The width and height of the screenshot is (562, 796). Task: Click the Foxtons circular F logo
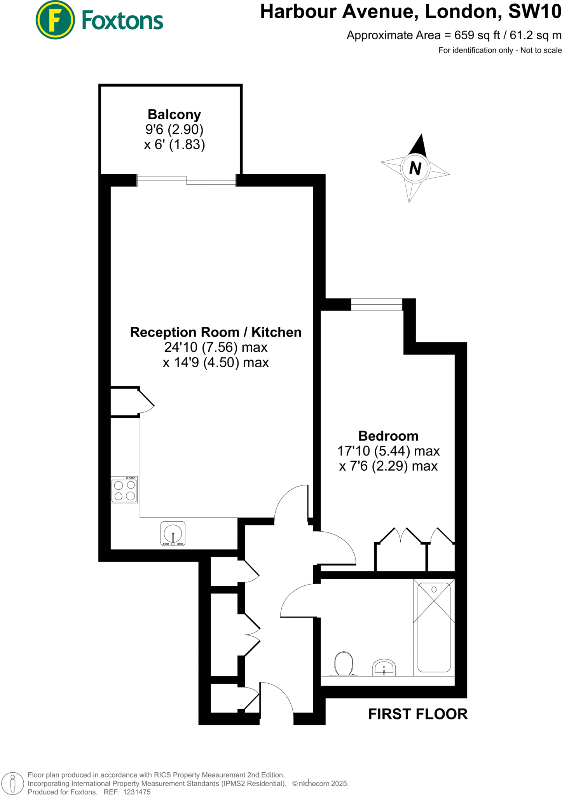(55, 20)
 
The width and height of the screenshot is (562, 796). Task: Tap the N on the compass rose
(415, 168)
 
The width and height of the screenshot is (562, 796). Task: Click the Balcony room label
(174, 115)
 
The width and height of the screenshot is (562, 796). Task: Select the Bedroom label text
(388, 436)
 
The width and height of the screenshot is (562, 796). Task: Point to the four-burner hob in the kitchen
(124, 490)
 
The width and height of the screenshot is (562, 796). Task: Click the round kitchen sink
(173, 533)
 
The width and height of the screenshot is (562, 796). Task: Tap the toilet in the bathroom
(344, 664)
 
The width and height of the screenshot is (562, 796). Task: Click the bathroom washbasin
(384, 668)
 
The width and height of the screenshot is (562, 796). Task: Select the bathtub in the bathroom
(434, 627)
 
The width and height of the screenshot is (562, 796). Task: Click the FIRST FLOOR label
(418, 714)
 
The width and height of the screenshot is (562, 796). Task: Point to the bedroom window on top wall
(376, 304)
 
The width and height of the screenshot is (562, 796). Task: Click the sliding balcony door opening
(186, 180)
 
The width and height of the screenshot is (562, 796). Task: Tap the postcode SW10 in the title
(535, 12)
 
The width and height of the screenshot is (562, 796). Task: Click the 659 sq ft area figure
(477, 35)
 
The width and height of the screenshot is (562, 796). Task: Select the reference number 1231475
(136, 792)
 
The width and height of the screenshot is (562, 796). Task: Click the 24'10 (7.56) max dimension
(216, 347)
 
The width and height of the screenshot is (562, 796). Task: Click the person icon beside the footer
(12, 784)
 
